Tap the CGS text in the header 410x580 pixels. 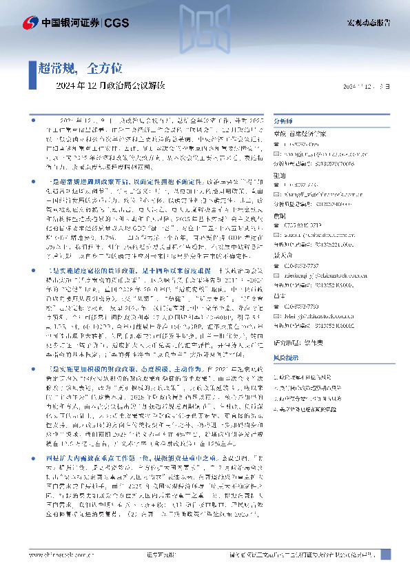pyautogui.click(x=114, y=22)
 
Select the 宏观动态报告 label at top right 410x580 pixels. pyautogui.click(x=368, y=22)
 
